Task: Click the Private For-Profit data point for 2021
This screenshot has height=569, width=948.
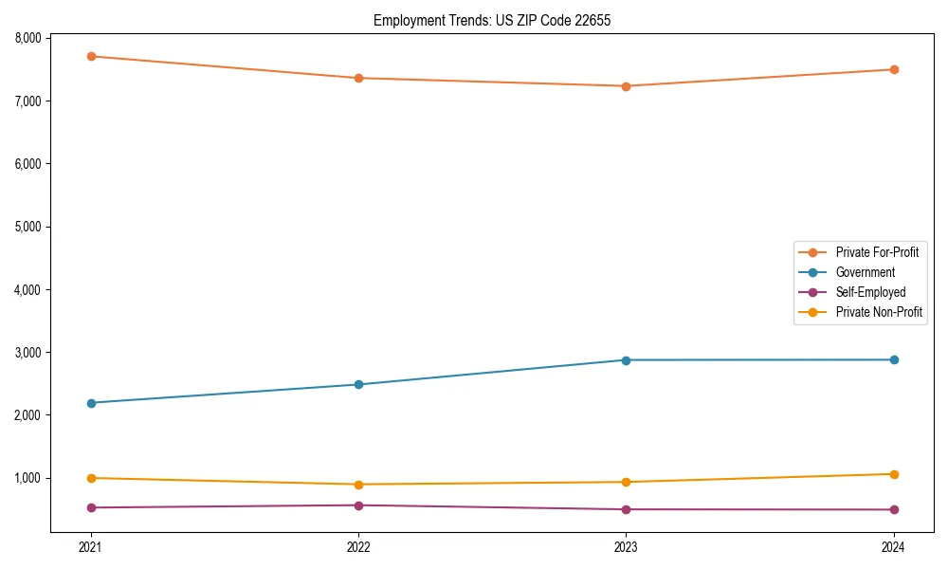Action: coord(91,56)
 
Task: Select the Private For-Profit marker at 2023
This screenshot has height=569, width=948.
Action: coord(627,86)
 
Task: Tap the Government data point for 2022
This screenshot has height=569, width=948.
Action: coord(358,384)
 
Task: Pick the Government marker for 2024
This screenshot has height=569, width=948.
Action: coord(894,359)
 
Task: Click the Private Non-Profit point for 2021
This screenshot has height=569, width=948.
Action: coord(91,478)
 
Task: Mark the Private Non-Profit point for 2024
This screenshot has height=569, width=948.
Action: coord(894,474)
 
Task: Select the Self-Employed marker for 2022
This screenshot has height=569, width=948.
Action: coord(358,505)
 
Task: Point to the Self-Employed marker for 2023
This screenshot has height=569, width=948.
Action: coord(627,509)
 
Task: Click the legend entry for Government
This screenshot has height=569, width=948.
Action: coord(865,272)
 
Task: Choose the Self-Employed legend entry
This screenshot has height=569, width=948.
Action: coord(870,292)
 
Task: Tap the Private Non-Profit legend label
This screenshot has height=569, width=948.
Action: coord(879,312)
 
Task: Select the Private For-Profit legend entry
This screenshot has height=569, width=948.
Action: coord(877,252)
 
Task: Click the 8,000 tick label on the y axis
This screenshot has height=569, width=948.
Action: coord(27,38)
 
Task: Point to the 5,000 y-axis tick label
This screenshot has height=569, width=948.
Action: coord(27,227)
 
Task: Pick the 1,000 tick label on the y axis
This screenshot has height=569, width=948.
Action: coord(27,478)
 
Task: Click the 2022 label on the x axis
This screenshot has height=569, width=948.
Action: coord(358,546)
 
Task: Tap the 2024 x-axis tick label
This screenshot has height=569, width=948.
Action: coord(894,546)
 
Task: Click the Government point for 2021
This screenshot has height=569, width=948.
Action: coord(91,403)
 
